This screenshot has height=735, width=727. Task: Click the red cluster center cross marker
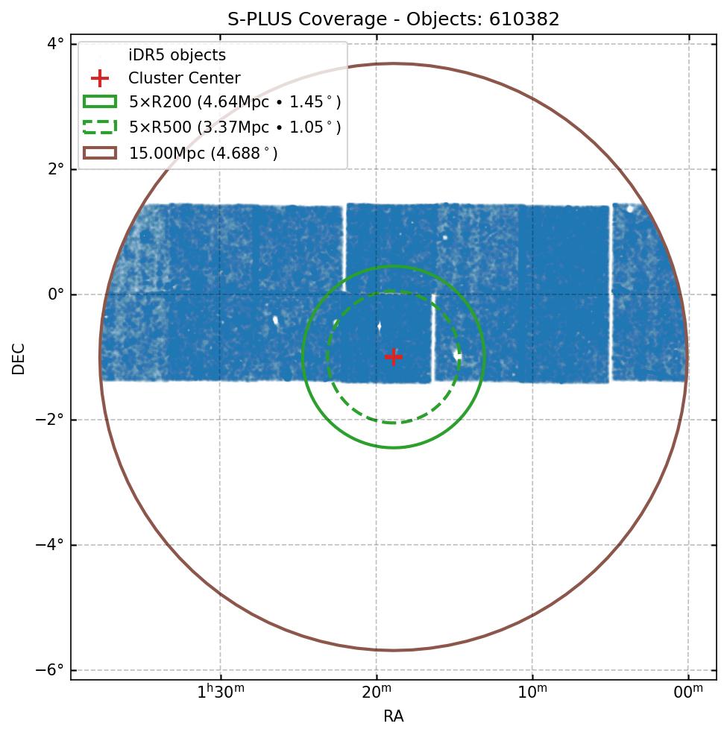coord(394,357)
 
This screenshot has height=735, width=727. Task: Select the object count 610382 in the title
coord(524,19)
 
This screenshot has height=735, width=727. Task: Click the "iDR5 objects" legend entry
coord(177,55)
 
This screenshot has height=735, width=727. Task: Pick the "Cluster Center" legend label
coord(184,78)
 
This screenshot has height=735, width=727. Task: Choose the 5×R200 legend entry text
coord(235,103)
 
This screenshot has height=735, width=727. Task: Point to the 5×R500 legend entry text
coord(235,127)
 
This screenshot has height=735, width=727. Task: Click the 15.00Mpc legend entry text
coord(203,153)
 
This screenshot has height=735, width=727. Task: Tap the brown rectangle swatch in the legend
coord(100,153)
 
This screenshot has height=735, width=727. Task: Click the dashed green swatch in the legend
coord(100,127)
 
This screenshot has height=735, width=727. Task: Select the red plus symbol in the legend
coord(100,78)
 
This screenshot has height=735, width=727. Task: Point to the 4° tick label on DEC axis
coord(55,44)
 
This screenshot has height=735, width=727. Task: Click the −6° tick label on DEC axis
coord(50,670)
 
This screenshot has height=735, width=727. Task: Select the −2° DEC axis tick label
coord(50,420)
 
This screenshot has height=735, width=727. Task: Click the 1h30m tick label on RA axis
coord(220,693)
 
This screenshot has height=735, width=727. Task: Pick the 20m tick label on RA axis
coord(377,693)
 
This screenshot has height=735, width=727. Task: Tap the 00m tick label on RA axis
coord(688,693)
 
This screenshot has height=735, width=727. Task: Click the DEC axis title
coord(19,359)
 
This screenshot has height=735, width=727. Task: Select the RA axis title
coord(394,717)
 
